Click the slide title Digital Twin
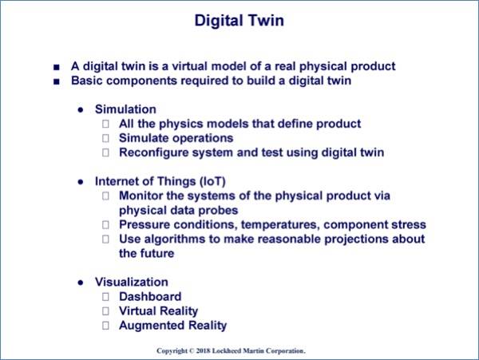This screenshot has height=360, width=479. click(x=239, y=21)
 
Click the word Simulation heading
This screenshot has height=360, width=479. click(x=125, y=109)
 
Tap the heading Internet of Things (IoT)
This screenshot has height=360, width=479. click(x=160, y=181)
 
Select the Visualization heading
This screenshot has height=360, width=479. click(x=132, y=282)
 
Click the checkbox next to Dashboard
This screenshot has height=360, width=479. click(x=105, y=297)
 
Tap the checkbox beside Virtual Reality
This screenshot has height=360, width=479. click(x=105, y=311)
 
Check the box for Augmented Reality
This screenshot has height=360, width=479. click(x=105, y=326)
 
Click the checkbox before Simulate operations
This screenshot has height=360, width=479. click(x=105, y=138)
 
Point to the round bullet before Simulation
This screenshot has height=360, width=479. click(x=81, y=110)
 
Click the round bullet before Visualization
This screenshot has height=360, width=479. click(x=81, y=283)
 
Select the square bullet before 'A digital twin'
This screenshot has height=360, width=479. click(x=57, y=67)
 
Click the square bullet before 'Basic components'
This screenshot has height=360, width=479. click(x=57, y=82)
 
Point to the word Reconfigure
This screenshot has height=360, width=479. click(x=153, y=152)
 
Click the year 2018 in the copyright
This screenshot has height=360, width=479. click(x=203, y=351)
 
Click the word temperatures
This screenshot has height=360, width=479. click(x=280, y=225)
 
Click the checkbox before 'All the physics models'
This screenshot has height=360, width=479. click(x=105, y=124)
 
